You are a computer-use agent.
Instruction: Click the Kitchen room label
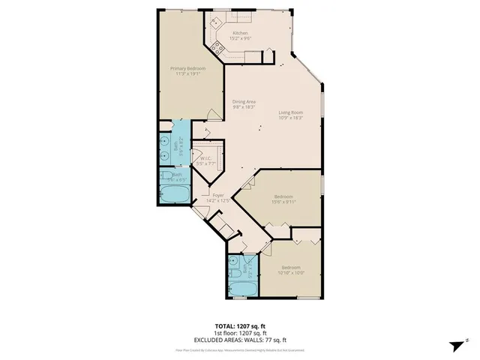pyautogui.click(x=240, y=33)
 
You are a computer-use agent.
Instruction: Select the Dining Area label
pyautogui.click(x=244, y=101)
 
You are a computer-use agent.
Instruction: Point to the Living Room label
pyautogui.click(x=290, y=112)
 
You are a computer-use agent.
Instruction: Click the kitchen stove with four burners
pyautogui.click(x=218, y=48)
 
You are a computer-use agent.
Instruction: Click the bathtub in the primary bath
pyautogui.click(x=175, y=195)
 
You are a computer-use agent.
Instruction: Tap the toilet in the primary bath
pyautogui.click(x=165, y=177)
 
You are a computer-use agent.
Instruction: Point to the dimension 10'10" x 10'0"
pyautogui.click(x=291, y=273)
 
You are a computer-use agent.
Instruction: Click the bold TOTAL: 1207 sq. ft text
pyautogui.click(x=239, y=325)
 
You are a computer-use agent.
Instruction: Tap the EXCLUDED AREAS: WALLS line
pyautogui.click(x=239, y=339)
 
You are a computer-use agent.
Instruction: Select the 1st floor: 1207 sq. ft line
pyautogui.click(x=239, y=332)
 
